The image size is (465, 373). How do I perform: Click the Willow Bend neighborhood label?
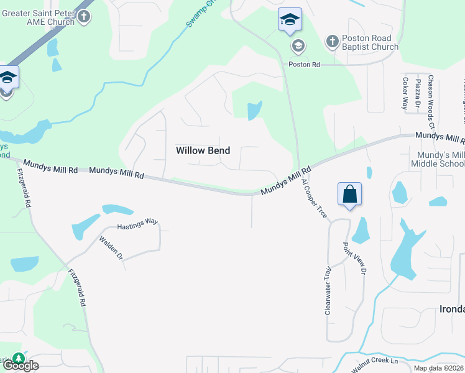(203, 150)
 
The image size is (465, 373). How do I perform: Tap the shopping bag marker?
(349, 194)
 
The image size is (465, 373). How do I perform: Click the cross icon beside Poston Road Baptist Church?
(333, 41)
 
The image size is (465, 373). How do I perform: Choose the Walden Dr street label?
(111, 247)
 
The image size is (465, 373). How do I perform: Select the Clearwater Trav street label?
(328, 291)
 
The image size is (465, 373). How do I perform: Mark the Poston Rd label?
(303, 65)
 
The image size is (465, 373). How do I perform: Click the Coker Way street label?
(405, 93)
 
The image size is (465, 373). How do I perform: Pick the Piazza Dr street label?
(418, 93)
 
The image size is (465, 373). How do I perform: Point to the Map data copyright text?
(438, 368)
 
